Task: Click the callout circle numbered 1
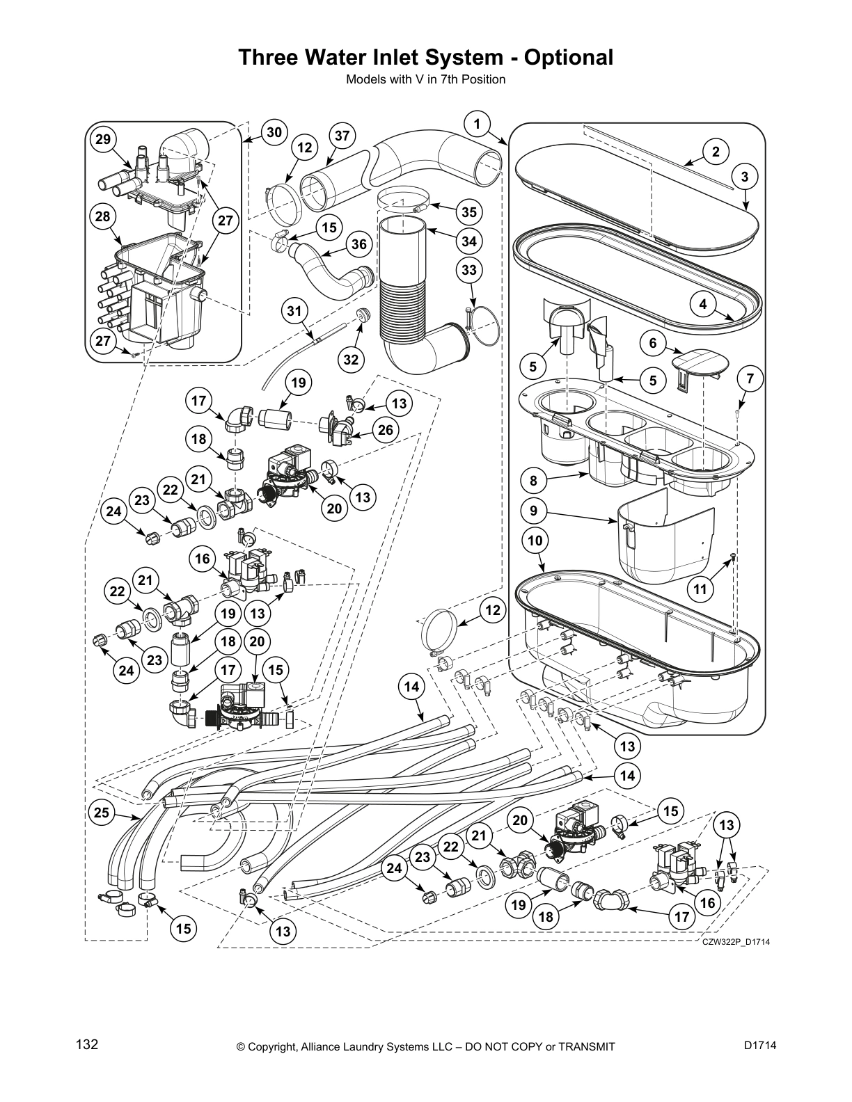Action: (x=477, y=125)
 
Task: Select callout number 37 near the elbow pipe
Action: (x=342, y=136)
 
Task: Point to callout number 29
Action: (x=103, y=140)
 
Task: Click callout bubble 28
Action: (x=103, y=217)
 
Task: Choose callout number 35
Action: (x=469, y=212)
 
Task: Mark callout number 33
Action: (x=469, y=269)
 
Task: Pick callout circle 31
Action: (x=296, y=310)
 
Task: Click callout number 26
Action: (x=385, y=431)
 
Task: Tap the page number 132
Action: (x=86, y=1045)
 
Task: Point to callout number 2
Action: (x=716, y=152)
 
